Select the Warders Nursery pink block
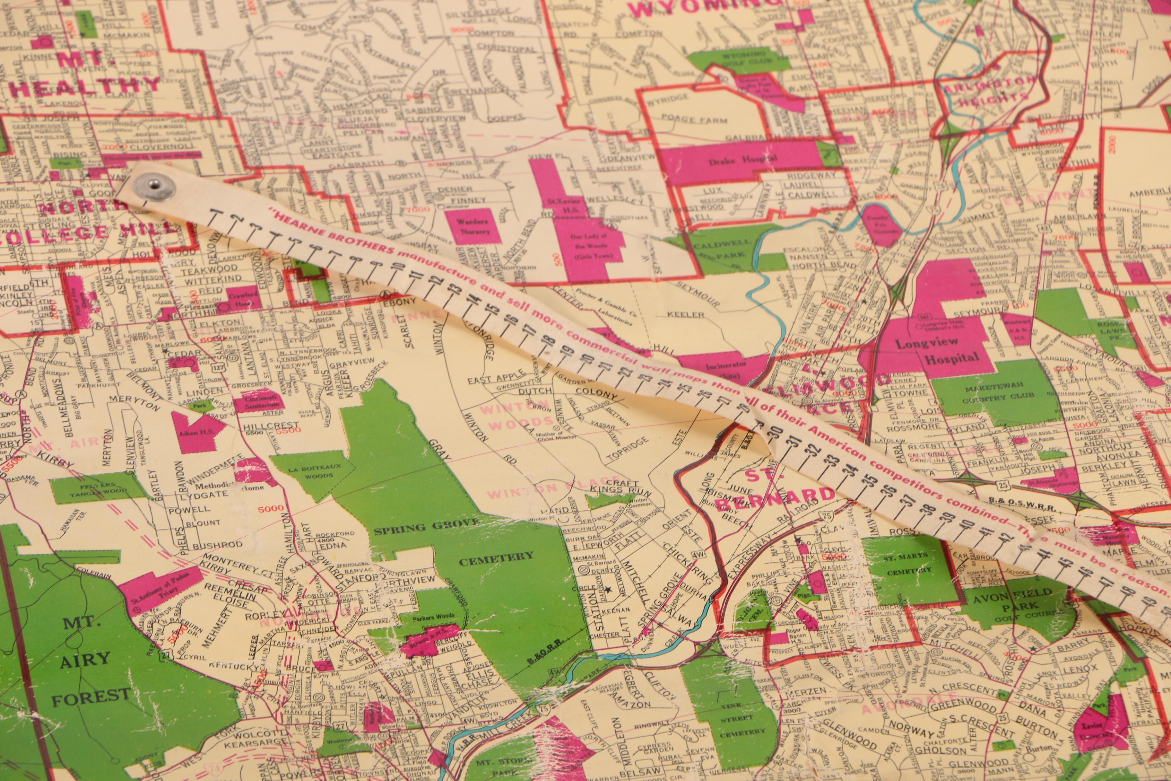click(x=473, y=226)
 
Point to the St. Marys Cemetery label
click(x=905, y=563)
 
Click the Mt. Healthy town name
click(x=85, y=75)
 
